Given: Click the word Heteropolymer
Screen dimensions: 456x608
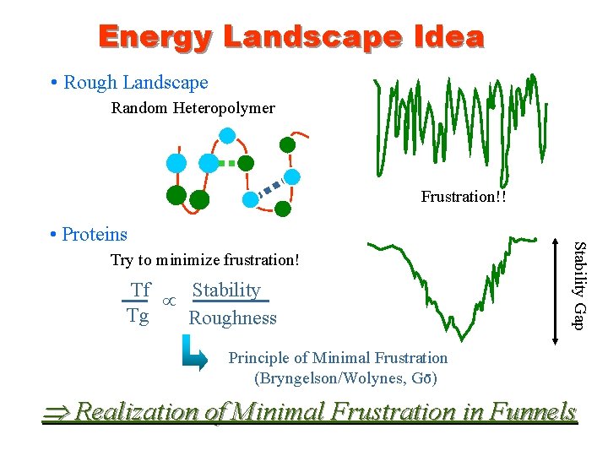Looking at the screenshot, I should [225, 108].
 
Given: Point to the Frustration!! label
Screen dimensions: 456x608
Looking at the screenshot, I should [464, 197].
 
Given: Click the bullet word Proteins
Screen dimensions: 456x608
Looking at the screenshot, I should [95, 234].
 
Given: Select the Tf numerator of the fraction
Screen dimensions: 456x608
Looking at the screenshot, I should [140, 290].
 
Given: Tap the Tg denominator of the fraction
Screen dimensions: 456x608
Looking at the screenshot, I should [138, 317].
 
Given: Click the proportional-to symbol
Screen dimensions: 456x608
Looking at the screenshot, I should [169, 301].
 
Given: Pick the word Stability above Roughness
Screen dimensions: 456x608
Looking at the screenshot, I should [226, 290].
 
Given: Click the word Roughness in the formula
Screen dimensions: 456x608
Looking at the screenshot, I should [232, 318].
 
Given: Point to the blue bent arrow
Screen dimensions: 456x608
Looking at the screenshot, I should [193, 355].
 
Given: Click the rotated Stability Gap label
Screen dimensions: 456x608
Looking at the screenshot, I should [579, 285].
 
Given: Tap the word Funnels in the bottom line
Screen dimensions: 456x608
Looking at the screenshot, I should [528, 412].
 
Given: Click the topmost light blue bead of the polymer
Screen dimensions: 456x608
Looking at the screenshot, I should [227, 134].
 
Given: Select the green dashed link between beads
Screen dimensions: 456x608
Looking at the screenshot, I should [225, 162].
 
